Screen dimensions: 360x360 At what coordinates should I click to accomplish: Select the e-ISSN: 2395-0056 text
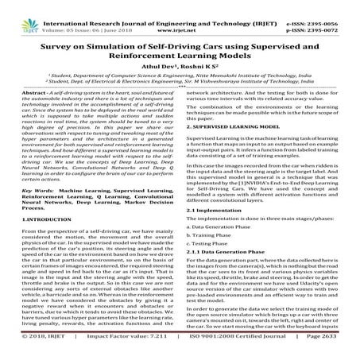[325, 6]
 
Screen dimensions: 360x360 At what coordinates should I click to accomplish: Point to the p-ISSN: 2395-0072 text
[325, 14]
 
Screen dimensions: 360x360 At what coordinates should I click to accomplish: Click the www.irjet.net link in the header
[182, 14]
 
